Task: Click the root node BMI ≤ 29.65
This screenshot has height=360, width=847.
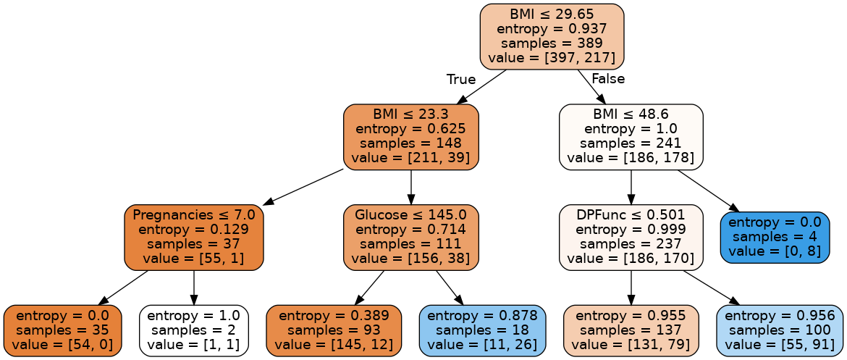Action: pos(552,35)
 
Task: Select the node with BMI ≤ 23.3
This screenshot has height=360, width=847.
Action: pos(410,136)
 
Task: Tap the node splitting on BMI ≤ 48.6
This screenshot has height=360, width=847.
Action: pos(631,136)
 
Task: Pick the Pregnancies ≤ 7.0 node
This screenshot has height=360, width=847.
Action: pos(193,237)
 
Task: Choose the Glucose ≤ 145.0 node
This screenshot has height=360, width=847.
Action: pos(410,237)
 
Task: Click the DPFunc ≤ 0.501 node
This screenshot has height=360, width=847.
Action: pos(631,237)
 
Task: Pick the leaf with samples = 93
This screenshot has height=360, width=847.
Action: pos(334,330)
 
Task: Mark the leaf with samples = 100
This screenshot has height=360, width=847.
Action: pos(780,330)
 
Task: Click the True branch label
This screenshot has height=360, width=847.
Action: pos(461,79)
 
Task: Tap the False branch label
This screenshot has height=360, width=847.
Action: pos(607,79)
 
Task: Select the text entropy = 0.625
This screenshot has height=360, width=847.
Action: pos(410,129)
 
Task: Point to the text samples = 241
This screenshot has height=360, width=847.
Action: pos(631,143)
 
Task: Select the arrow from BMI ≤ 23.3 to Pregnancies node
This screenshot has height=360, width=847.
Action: pos(304,187)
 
